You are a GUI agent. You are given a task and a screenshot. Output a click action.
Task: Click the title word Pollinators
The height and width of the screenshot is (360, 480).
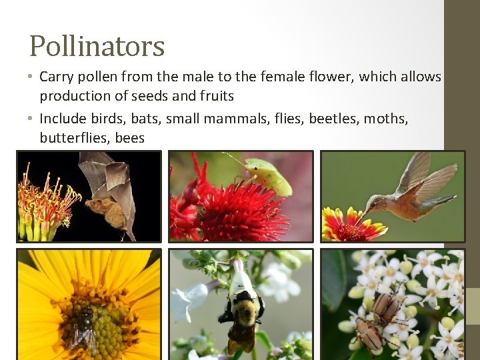coord(97,47)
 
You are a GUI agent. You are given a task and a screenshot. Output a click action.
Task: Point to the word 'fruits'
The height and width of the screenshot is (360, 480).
coord(215,96)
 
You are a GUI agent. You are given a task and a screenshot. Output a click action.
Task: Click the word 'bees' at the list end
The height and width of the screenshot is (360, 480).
coord(129,138)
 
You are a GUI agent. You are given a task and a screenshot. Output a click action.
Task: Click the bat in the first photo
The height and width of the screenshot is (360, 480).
coord(110,200)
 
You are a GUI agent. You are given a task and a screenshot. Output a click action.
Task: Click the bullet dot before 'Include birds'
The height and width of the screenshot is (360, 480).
coord(31,119)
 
